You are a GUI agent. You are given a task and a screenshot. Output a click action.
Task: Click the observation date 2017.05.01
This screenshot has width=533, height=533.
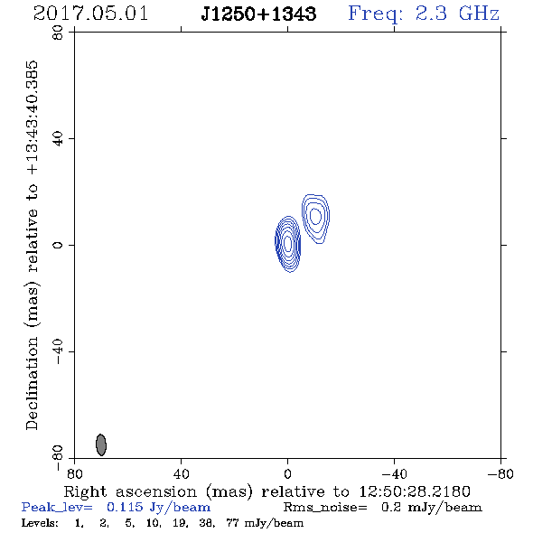90,14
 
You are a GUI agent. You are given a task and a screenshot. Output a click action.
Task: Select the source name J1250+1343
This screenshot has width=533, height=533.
258,14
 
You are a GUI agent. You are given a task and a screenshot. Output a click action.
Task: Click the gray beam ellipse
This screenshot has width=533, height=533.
101,444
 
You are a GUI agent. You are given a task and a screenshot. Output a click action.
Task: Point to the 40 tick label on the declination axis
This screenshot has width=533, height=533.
58,139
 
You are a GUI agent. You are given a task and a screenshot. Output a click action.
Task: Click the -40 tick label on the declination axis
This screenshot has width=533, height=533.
58,351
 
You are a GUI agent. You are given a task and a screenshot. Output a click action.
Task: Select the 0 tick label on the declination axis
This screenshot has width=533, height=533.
58,245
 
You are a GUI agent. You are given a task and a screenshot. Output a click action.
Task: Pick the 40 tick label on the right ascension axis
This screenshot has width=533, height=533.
182,474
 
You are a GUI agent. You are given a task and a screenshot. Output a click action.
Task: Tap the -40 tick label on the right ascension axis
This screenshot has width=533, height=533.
394,474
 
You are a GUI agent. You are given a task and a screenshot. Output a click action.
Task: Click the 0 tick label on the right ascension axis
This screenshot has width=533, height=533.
288,474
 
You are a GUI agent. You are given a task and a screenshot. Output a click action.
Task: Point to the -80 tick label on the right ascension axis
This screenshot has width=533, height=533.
500,474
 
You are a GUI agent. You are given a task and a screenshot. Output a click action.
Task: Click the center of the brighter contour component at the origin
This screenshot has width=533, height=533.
288,244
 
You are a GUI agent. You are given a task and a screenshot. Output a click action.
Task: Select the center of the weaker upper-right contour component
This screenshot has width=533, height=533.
316,216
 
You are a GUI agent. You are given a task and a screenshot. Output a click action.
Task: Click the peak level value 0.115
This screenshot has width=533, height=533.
125,507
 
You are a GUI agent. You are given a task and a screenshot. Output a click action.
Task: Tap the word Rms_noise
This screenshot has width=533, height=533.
325,508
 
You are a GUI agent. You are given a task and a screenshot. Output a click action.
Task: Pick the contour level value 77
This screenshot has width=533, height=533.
232,522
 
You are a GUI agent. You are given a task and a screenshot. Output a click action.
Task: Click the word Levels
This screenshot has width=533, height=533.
40,522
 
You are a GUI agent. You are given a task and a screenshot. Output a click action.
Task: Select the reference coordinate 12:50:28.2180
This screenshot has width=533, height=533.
415,491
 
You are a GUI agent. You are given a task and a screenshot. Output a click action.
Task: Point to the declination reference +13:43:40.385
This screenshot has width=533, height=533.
32,118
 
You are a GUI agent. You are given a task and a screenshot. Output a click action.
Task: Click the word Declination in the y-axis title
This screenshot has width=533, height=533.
32,383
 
